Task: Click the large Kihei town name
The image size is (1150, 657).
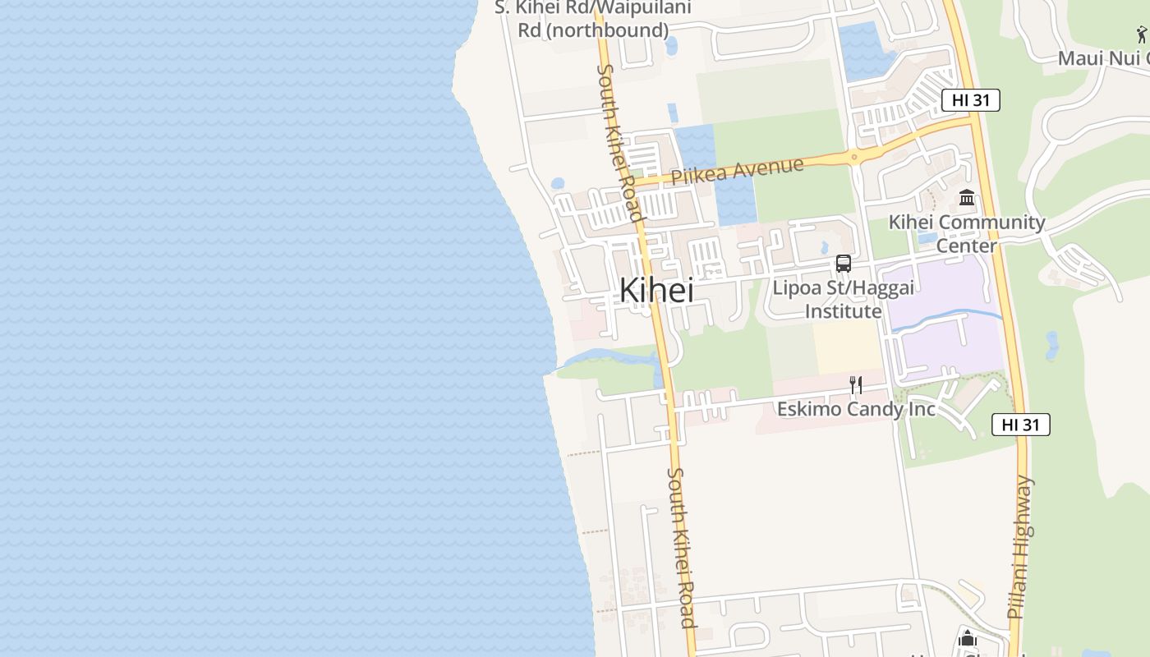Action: click(655, 290)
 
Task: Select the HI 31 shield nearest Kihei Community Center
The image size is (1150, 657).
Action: click(970, 100)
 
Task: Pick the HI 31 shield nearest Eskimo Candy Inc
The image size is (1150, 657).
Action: click(1021, 425)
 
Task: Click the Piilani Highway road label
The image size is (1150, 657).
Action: click(1021, 546)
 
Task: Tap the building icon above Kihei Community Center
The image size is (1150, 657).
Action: click(967, 198)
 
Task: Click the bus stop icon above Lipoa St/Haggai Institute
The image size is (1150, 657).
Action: click(843, 264)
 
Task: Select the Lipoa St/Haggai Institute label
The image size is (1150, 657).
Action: click(843, 300)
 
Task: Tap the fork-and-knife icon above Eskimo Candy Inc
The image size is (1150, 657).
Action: click(855, 384)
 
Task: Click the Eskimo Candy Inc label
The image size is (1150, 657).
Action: click(856, 408)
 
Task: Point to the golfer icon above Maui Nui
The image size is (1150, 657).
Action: click(1142, 34)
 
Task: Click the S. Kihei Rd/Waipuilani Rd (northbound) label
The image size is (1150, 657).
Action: click(592, 19)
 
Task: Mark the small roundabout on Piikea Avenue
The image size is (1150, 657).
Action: click(854, 156)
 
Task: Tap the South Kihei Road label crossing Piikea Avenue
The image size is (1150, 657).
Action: click(618, 144)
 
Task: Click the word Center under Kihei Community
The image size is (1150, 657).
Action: click(967, 246)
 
